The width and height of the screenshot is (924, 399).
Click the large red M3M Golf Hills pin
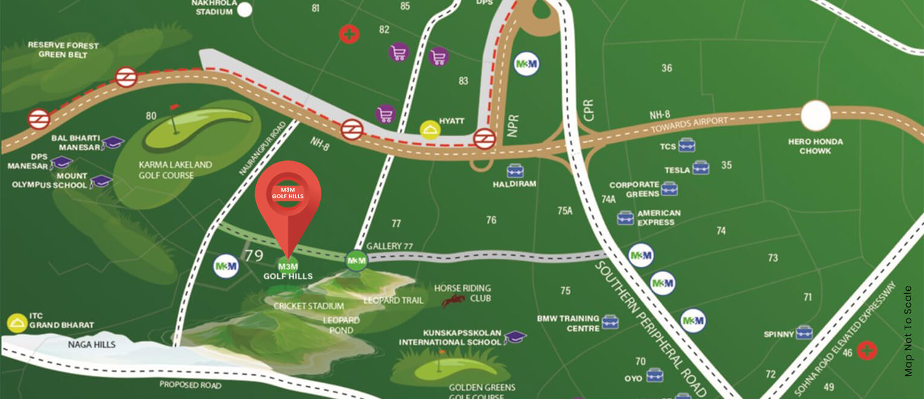pyautogui.click(x=288, y=196)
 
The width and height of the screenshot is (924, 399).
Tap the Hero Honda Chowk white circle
pyautogui.click(x=816, y=115)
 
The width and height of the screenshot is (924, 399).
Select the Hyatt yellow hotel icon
pyautogui.click(x=429, y=130)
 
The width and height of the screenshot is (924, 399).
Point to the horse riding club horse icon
pyautogui.click(x=453, y=300)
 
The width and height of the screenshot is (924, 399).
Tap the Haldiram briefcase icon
pyautogui.click(x=515, y=170)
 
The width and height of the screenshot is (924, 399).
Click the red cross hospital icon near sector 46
pyautogui.click(x=867, y=350)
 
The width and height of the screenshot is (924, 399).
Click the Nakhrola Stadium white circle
pyautogui.click(x=244, y=9)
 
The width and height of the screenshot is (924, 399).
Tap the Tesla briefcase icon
pyautogui.click(x=701, y=167)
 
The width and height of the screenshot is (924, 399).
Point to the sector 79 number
pyautogui.click(x=254, y=256)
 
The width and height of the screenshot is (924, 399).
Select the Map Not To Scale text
pyautogui.click(x=908, y=331)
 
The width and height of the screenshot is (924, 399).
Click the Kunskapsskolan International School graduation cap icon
pyautogui.click(x=515, y=337)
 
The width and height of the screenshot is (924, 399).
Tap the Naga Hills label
pyautogui.click(x=91, y=345)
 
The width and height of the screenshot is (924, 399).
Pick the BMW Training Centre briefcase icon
pyautogui.click(x=610, y=322)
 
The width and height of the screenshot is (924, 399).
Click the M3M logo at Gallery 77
pyautogui.click(x=356, y=261)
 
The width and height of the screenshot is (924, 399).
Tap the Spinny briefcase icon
pyautogui.click(x=804, y=333)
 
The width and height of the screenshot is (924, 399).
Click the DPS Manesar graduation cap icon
pyautogui.click(x=60, y=162)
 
